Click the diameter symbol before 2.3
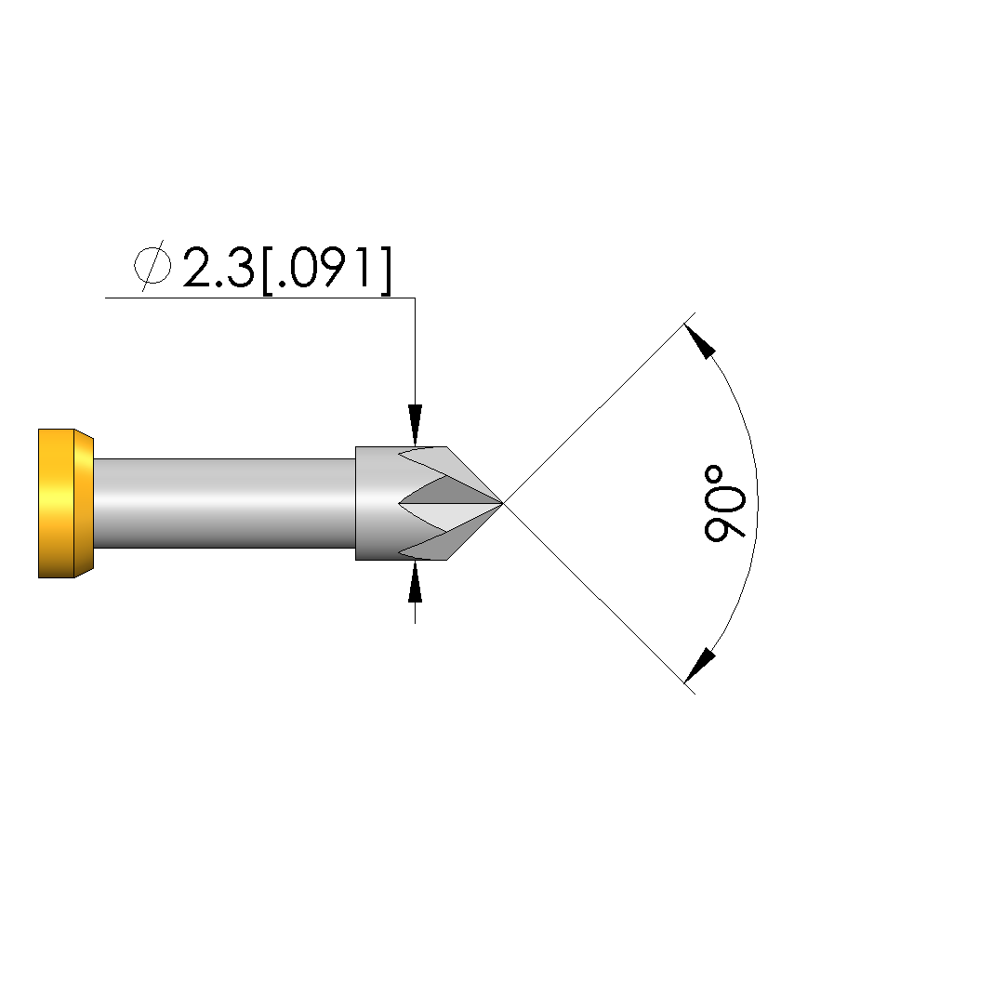pyautogui.click(x=152, y=265)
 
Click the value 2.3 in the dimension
pyautogui.click(x=218, y=267)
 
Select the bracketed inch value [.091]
pyautogui.click(x=326, y=270)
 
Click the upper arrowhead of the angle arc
pyautogui.click(x=699, y=341)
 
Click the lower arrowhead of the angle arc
pyautogui.click(x=699, y=665)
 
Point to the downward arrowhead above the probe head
pyautogui.click(x=416, y=424)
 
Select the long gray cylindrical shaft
pyautogui.click(x=225, y=503)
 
